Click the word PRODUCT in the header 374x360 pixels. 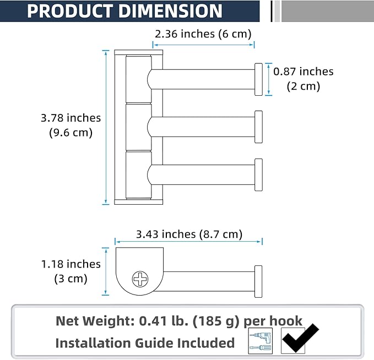pos(70,11)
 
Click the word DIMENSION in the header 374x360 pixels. pos(171,11)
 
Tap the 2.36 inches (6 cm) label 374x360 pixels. pos(203,34)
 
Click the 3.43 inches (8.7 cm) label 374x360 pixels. pos(189,234)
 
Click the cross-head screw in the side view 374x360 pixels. pos(140,279)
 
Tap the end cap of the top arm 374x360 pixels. pos(258,79)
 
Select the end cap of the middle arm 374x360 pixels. pos(258,127)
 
